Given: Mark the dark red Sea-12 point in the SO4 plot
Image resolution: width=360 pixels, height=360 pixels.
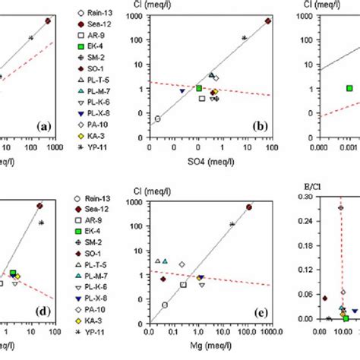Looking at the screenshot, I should [268, 21].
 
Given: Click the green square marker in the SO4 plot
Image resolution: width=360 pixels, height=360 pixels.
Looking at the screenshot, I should [199, 88].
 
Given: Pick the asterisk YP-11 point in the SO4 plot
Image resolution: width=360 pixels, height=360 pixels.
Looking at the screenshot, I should [244, 38].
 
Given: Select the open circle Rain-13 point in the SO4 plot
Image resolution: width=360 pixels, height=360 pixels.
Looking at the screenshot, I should [158, 118].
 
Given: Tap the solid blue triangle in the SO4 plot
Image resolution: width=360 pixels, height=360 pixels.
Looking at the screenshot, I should [182, 91].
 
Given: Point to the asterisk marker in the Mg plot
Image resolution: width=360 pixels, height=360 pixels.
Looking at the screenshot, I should [232, 224].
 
